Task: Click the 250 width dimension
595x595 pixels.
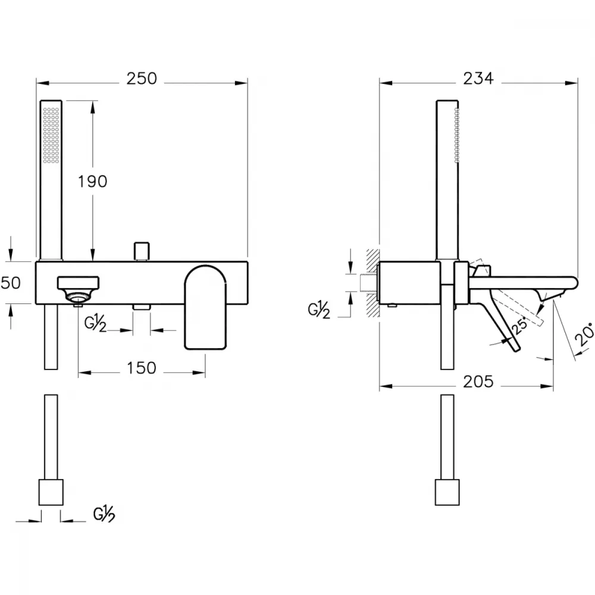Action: pos(142,79)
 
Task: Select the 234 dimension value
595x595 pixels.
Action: pos(478,79)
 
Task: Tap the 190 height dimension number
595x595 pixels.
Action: pos(93,181)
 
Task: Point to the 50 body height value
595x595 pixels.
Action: pos(11,283)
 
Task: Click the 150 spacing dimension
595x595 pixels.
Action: pos(141,368)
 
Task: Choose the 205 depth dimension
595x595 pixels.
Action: pos(478,381)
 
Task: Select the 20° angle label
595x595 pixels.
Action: pos(585,334)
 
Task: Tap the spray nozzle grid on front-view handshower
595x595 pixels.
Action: pos(51,136)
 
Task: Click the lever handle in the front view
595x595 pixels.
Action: pos(205,306)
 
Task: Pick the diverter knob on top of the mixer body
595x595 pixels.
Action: pos(142,251)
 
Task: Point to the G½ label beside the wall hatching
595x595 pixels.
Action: pos(319,311)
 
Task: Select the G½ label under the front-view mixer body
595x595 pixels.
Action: pos(95,324)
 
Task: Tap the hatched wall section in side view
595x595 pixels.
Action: pos(373,283)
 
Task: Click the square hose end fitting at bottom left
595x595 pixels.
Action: pos(51,492)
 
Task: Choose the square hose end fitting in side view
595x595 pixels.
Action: pos(447,492)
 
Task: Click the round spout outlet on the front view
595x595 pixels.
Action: pos(79,296)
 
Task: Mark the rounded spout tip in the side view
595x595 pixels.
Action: pos(573,283)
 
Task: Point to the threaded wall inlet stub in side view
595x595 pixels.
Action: pos(368,283)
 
